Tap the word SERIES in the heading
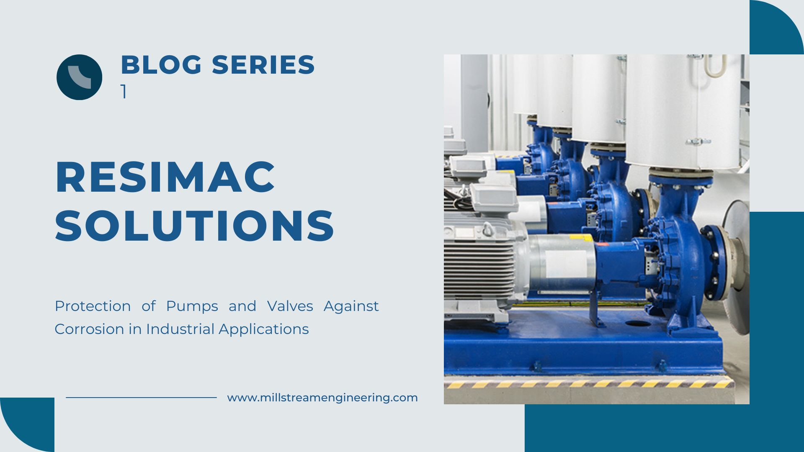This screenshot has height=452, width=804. click(x=263, y=65)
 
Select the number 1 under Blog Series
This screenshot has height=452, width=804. click(x=124, y=91)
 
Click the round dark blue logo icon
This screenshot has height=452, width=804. click(x=79, y=77)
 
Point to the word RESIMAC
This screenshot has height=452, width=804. click(x=165, y=177)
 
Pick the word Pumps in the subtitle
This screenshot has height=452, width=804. click(x=192, y=307)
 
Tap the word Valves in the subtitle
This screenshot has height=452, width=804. click(x=290, y=306)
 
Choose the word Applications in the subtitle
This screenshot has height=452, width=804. click(x=264, y=329)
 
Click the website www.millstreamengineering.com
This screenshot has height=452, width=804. click(x=322, y=398)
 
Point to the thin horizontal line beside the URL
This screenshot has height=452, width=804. click(x=141, y=398)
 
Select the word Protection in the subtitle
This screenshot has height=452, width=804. click(x=93, y=306)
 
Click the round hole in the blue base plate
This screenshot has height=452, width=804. click(x=637, y=324)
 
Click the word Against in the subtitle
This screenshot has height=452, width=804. click(x=351, y=307)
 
